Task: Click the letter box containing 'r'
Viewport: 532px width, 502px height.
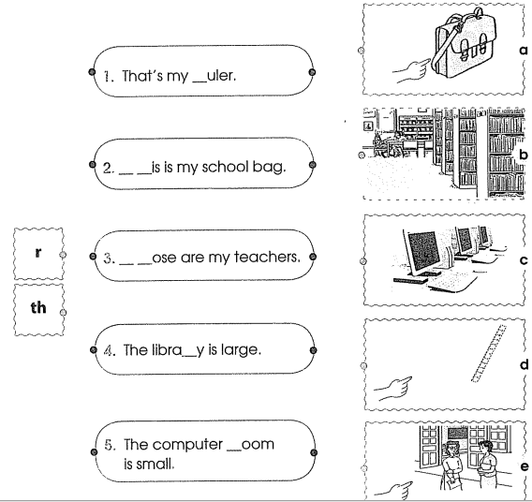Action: [38, 254]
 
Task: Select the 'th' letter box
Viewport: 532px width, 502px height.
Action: [38, 310]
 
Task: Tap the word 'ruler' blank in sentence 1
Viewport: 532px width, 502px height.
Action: [214, 76]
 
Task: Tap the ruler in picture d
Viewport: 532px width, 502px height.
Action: [489, 353]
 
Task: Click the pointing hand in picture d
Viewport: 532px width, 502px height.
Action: [393, 389]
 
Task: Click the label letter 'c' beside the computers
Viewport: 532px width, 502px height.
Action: [524, 260]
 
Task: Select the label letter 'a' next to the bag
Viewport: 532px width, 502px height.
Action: [524, 51]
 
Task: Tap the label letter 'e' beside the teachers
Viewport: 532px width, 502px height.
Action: [525, 466]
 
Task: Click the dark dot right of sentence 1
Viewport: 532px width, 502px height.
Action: [313, 72]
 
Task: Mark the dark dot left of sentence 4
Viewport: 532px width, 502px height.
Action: [94, 349]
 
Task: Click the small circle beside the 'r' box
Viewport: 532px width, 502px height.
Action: [63, 255]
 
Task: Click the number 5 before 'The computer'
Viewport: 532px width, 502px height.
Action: [109, 445]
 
